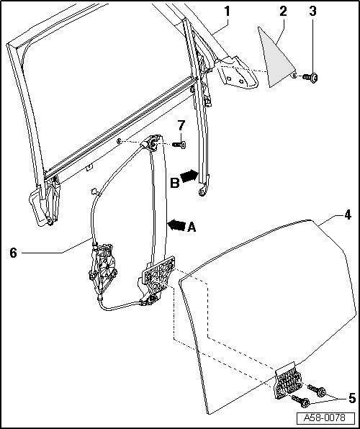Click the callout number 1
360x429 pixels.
227,12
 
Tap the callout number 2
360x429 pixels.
284,12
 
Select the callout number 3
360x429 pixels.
313,12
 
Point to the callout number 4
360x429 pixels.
348,214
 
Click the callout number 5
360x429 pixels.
352,398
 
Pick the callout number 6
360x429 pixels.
14,253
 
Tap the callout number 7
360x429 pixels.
181,125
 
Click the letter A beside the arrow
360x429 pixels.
192,227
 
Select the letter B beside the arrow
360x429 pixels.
175,183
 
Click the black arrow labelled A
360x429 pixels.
176,225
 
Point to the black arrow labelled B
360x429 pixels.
189,176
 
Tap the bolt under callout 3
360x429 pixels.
310,78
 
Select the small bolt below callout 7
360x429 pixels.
179,145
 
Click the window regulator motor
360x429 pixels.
103,268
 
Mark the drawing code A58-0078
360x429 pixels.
325,417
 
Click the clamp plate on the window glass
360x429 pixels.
288,381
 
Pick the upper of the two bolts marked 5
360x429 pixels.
317,390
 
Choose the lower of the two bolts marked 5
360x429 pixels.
300,401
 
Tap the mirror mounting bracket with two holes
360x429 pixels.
237,73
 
